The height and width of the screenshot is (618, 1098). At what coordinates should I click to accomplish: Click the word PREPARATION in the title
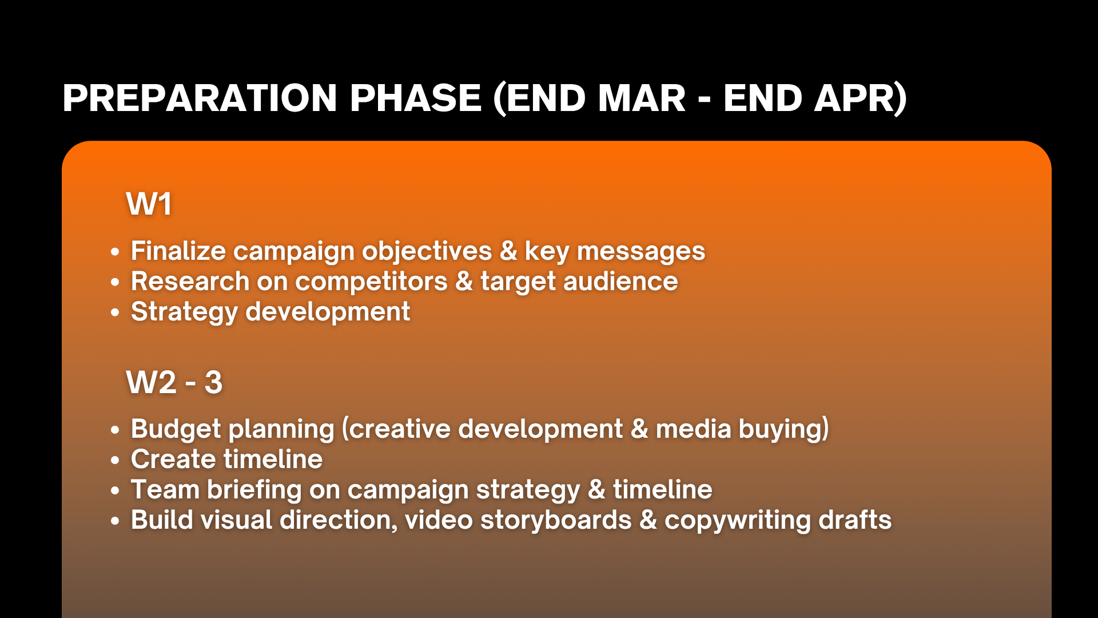point(200,98)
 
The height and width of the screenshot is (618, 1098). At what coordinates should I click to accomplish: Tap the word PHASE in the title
point(416,98)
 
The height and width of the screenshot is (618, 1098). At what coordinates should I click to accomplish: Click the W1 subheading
point(149,204)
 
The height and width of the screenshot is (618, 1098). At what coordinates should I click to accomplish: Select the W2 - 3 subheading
point(174,382)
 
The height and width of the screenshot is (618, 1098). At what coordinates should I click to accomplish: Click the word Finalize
point(178,251)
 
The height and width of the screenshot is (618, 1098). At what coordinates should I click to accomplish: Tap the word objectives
point(427,252)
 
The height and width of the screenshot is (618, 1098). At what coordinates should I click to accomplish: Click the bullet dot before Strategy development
point(116,312)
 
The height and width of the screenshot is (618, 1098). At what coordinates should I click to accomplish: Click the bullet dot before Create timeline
point(116,460)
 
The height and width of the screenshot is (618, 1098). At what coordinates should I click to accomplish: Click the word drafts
point(855,520)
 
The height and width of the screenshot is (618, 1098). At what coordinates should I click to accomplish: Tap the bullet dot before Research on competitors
point(116,282)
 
